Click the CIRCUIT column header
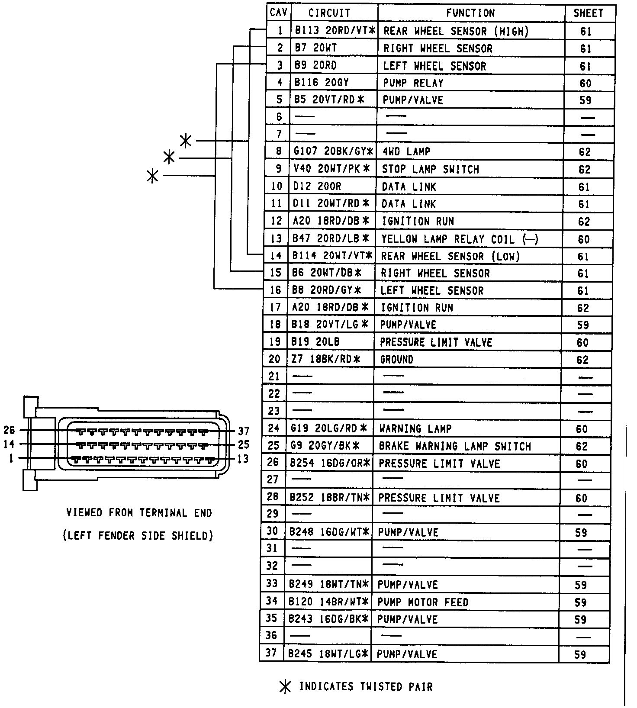329,13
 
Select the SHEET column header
588,13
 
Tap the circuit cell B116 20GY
322,83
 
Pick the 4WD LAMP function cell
406,151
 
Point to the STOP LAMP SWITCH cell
430,169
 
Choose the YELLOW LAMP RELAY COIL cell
459,239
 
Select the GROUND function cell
396,360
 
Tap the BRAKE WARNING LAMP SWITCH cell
454,446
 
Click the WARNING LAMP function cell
415,429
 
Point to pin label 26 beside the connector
9,430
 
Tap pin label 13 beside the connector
244,459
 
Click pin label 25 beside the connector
244,444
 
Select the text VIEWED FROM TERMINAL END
139,513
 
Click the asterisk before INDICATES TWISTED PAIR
285,687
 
